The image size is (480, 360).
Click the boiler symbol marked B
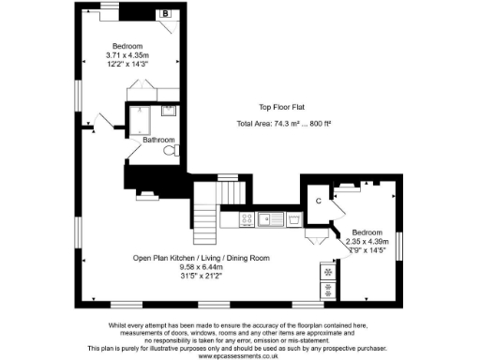pyautogui.click(x=165, y=14)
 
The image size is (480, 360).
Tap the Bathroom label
pyautogui.click(x=157, y=141)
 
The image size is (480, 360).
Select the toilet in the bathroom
pyautogui.click(x=170, y=150)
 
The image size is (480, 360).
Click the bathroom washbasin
pyautogui.click(x=169, y=112)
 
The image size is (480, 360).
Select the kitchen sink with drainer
pyautogui.click(x=272, y=219)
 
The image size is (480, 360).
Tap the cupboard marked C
pyautogui.click(x=319, y=200)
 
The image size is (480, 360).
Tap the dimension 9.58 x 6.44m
pyautogui.click(x=201, y=266)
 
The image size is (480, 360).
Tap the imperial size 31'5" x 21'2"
pyautogui.click(x=201, y=276)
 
